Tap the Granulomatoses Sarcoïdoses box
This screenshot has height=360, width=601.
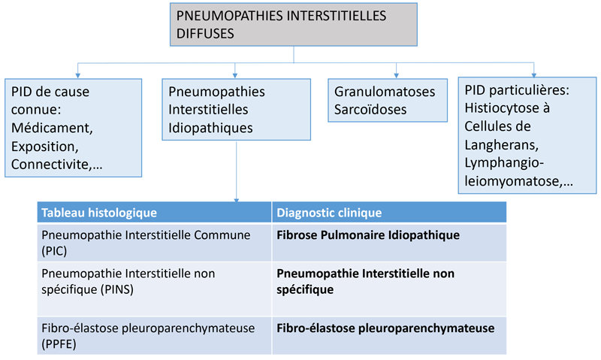tap(385, 100)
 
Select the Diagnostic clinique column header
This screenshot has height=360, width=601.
tap(388, 213)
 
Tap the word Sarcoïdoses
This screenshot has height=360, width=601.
tap(371, 109)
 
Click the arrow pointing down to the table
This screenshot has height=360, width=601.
tap(237, 200)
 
